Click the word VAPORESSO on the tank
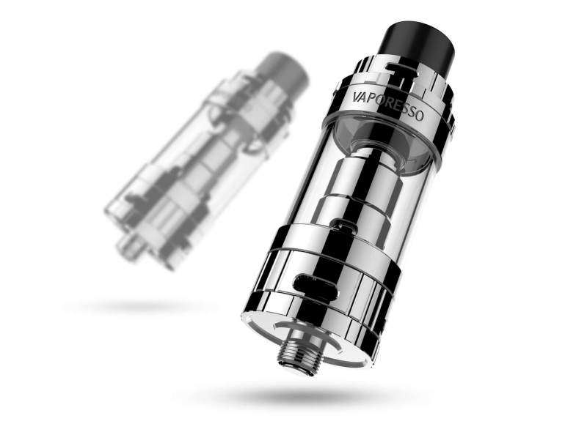tap(387, 105)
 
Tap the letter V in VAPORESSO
tap(357, 97)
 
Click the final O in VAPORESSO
tap(419, 115)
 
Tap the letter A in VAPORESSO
tap(365, 98)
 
